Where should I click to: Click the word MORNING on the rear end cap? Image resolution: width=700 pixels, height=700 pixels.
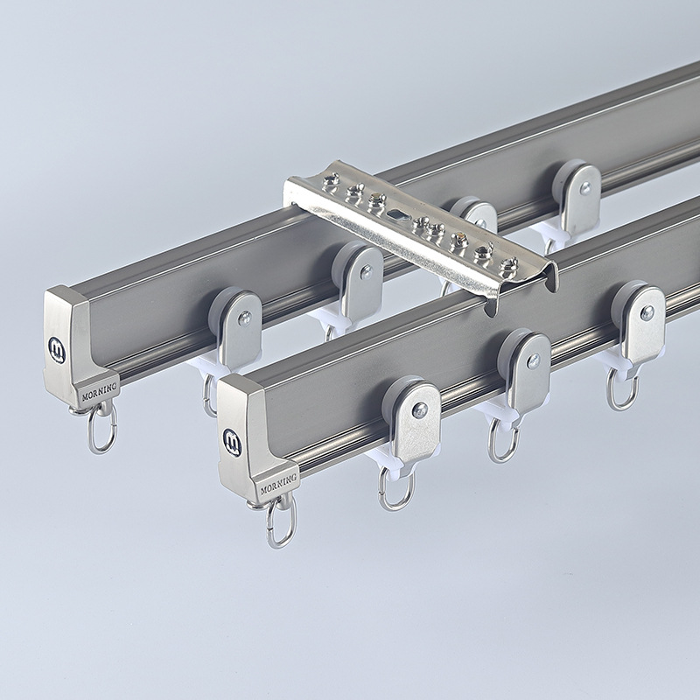point(99,391)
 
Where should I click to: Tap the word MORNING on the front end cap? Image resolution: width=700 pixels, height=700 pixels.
point(278,484)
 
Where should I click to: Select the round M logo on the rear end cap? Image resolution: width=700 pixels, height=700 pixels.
point(57,350)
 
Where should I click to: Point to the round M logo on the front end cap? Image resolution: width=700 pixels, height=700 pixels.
point(232,442)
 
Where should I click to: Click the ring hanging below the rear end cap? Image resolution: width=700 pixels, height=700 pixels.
point(101,427)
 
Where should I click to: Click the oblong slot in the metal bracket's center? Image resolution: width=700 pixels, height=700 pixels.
point(396,214)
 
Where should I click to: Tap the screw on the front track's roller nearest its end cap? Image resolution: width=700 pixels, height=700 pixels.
point(420,410)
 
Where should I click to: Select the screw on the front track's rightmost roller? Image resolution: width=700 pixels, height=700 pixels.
point(647,312)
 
